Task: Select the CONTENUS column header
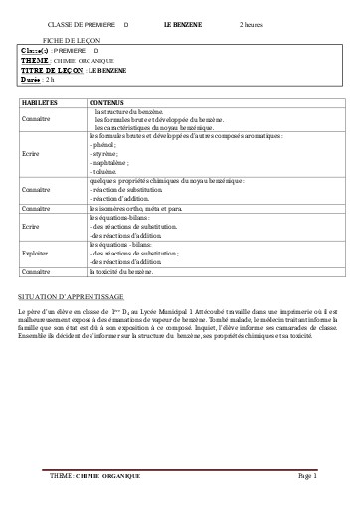coord(107,102)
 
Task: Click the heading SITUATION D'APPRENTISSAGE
coord(71,297)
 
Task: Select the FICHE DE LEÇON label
coord(65,38)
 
